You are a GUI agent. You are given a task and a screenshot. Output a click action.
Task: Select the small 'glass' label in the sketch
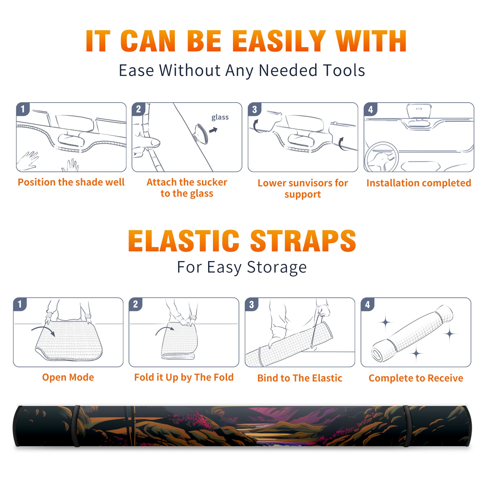220,117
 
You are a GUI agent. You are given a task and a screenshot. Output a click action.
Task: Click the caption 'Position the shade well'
71,182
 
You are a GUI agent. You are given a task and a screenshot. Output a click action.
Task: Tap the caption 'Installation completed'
419,183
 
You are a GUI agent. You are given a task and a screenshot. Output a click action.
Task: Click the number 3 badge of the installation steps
254,109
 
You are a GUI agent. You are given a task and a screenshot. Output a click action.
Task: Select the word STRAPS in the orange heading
303,241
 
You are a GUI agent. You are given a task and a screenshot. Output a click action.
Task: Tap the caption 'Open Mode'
68,378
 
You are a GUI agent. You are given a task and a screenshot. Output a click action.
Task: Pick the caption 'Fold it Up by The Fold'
184,378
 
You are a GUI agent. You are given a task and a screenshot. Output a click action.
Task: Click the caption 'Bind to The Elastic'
300,378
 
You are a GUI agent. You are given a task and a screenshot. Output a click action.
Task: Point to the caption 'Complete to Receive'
416,378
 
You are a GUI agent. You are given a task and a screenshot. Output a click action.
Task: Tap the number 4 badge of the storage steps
368,304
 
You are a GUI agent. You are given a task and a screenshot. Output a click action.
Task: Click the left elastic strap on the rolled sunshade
76,426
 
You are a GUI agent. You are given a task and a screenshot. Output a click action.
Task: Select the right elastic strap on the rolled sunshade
407,426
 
